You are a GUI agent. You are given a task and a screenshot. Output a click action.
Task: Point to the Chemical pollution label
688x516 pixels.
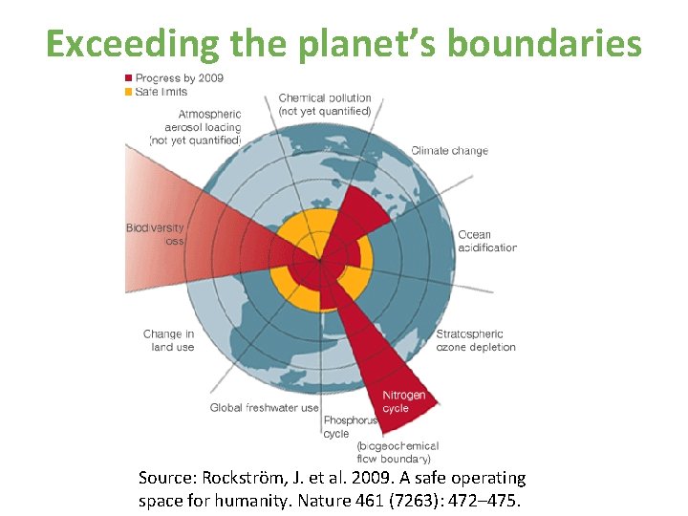pos(325,104)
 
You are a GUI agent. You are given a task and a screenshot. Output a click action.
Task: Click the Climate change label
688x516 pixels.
pos(449,151)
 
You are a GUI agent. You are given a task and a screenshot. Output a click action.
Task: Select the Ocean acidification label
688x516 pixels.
pos(486,241)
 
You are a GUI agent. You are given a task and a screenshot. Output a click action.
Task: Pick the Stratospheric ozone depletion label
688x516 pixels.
pos(475,340)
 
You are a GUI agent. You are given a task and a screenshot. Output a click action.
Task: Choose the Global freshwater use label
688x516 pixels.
pos(265,408)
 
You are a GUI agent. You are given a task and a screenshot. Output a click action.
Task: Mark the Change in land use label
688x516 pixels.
pos(169,340)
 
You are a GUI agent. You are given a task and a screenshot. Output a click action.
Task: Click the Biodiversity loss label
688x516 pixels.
pos(156,235)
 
